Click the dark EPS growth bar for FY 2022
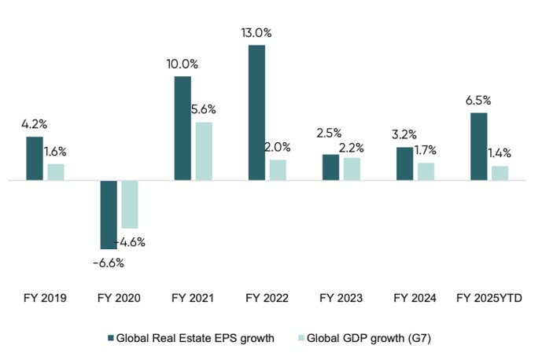click(256, 112)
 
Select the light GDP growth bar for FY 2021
click(204, 151)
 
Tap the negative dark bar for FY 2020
click(109, 215)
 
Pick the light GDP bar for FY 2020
click(129, 204)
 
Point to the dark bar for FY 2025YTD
click(478, 146)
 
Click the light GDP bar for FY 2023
click(352, 169)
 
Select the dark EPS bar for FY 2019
click(35, 158)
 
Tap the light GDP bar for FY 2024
click(426, 171)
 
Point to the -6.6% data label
click(109, 262)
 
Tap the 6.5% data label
click(478, 101)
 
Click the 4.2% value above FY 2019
click(35, 124)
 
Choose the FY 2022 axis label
click(267, 299)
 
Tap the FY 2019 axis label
click(45, 299)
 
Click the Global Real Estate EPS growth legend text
click(195, 339)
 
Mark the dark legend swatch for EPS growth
click(110, 339)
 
